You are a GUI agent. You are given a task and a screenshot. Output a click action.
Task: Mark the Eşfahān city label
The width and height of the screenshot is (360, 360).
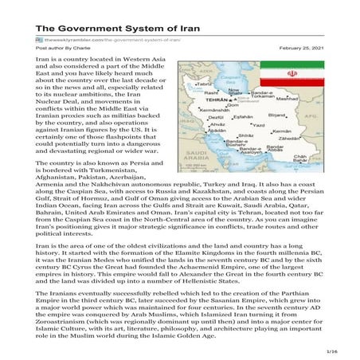point(241,116)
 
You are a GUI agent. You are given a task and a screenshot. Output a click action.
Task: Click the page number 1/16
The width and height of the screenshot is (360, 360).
point(342,349)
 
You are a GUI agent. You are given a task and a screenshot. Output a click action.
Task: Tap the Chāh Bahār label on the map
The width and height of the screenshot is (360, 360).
point(299,159)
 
